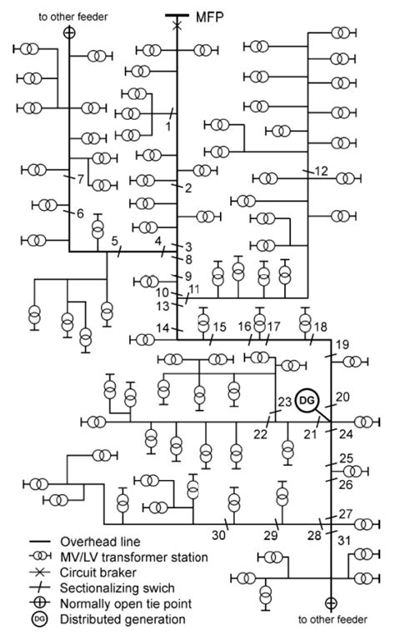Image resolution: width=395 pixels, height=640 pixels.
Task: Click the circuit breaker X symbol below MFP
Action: tap(177, 27)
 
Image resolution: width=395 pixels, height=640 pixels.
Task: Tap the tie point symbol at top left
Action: tap(69, 32)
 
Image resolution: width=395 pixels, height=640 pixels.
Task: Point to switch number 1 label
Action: tap(167, 126)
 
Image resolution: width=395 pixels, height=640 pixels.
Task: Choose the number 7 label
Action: tap(80, 178)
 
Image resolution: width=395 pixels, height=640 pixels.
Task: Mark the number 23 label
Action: tap(285, 402)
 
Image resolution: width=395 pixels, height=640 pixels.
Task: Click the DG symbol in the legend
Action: tap(39, 619)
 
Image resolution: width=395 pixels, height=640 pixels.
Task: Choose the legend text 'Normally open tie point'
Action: tap(123, 603)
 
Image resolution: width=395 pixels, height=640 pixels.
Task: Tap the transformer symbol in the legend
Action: tap(39, 557)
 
